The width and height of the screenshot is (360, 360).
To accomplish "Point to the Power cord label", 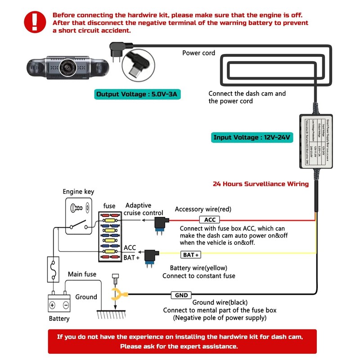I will click(x=198, y=53).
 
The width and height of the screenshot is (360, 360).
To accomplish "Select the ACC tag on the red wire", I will click(x=210, y=220).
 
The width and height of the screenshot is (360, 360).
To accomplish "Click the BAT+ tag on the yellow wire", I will click(x=191, y=255).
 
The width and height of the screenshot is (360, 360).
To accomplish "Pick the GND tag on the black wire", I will click(x=181, y=295).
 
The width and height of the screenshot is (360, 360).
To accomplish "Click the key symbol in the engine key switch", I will click(x=77, y=208).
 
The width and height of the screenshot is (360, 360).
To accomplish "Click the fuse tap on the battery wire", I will click(x=151, y=257).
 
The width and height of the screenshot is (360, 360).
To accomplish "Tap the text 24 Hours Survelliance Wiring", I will click(x=261, y=184).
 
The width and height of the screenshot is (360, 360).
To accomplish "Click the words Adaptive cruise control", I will click(x=144, y=209).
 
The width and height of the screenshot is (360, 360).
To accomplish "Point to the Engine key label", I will click(x=78, y=192).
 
